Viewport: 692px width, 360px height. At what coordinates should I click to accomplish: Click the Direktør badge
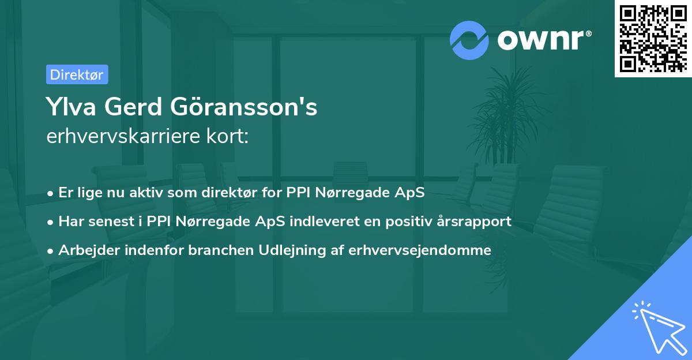coord(77,74)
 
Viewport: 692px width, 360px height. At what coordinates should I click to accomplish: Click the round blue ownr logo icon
coord(469,40)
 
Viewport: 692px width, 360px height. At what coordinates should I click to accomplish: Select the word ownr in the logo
coord(542,40)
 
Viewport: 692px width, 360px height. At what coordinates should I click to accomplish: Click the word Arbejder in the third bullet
coord(86,250)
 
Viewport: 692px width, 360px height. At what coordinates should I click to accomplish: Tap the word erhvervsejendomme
coord(420,250)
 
